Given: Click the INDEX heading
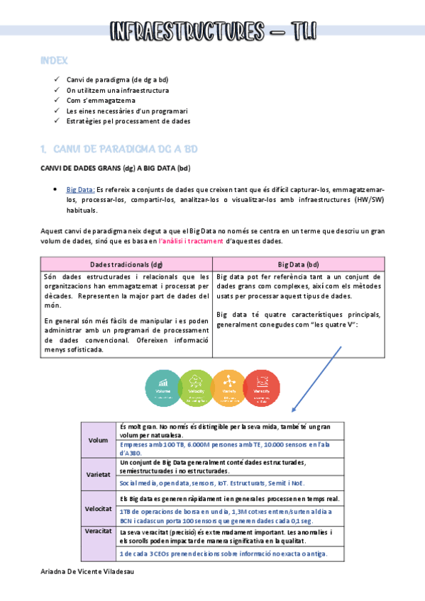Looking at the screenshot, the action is coord(55,62).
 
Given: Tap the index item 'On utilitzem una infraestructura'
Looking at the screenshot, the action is coord(117,91).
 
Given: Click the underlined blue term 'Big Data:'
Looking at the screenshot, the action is coord(80,190).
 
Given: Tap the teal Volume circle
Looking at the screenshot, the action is coord(162,387).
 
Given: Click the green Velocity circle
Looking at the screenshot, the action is coord(196,387).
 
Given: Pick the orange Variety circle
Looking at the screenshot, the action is coord(228,387).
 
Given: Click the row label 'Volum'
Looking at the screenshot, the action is coord(98,440).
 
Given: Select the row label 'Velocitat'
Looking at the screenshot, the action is coord(98,510).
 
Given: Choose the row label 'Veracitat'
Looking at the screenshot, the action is coord(98,531).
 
